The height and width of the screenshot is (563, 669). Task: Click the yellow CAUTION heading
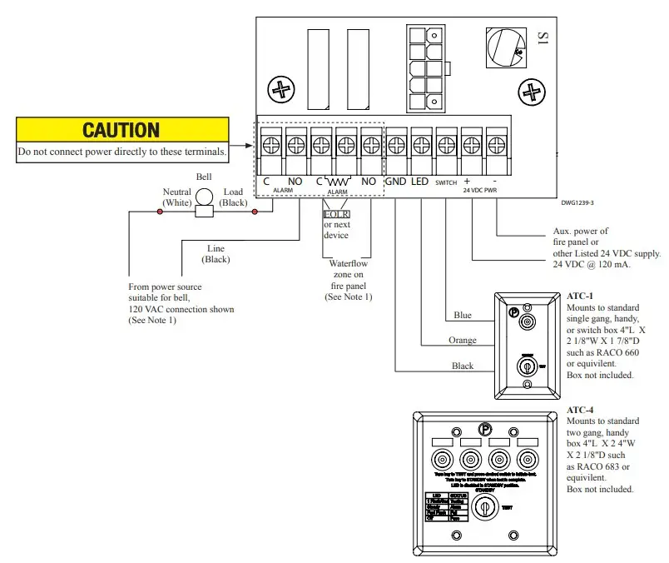(x=121, y=130)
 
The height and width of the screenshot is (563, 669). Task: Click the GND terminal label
(x=397, y=181)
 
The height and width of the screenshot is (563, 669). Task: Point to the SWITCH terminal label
(x=447, y=182)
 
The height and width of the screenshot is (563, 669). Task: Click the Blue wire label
(x=463, y=316)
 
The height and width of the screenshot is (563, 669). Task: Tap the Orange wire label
(x=463, y=341)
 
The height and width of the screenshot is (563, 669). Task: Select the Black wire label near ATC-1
(x=463, y=366)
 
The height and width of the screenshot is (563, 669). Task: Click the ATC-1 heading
(x=579, y=296)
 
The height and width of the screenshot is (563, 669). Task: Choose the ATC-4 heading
(x=579, y=411)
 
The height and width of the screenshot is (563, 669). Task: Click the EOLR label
(x=336, y=214)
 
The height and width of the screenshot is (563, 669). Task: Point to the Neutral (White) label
(x=176, y=197)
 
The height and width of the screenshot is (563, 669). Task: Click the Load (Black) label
(x=233, y=197)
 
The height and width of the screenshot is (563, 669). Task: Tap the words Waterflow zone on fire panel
(x=347, y=274)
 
